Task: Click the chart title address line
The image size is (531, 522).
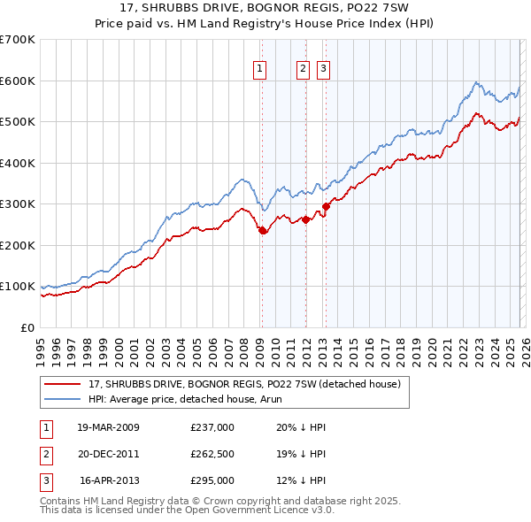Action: tap(265, 8)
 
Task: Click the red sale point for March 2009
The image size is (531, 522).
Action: tap(262, 230)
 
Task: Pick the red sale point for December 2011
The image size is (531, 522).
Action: tap(305, 219)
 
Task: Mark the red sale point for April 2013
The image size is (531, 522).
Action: tap(326, 206)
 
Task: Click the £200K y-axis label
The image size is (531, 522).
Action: tap(18, 245)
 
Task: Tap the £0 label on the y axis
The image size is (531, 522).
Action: tap(27, 327)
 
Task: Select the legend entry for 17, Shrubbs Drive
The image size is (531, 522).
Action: tap(244, 384)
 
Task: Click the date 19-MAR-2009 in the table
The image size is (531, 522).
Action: tap(108, 427)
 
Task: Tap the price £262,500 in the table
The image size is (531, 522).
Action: tap(212, 454)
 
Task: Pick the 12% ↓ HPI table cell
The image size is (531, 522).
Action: tap(289, 480)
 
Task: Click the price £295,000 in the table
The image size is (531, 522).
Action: tap(212, 480)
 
